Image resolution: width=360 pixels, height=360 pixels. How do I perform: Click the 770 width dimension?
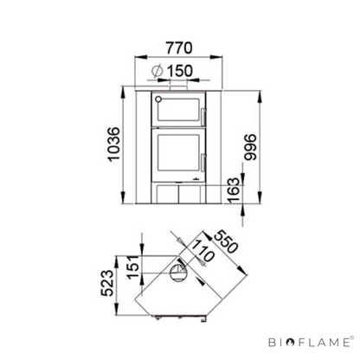pyautogui.click(x=179, y=48)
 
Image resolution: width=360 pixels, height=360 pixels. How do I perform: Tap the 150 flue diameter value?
pyautogui.click(x=180, y=71)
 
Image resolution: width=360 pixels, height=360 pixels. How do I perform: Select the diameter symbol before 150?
pyautogui.click(x=157, y=71)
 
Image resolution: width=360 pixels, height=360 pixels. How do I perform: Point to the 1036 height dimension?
pyautogui.click(x=113, y=144)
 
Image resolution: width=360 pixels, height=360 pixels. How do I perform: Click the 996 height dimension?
pyautogui.click(x=250, y=146)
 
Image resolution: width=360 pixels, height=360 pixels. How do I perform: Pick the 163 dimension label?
pyautogui.click(x=234, y=190)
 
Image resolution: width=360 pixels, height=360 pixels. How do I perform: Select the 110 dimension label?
pyautogui.click(x=202, y=251)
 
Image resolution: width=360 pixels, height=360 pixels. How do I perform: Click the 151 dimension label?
pyautogui.click(x=133, y=267)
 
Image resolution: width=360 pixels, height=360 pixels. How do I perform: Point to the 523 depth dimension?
pyautogui.click(x=107, y=283)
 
